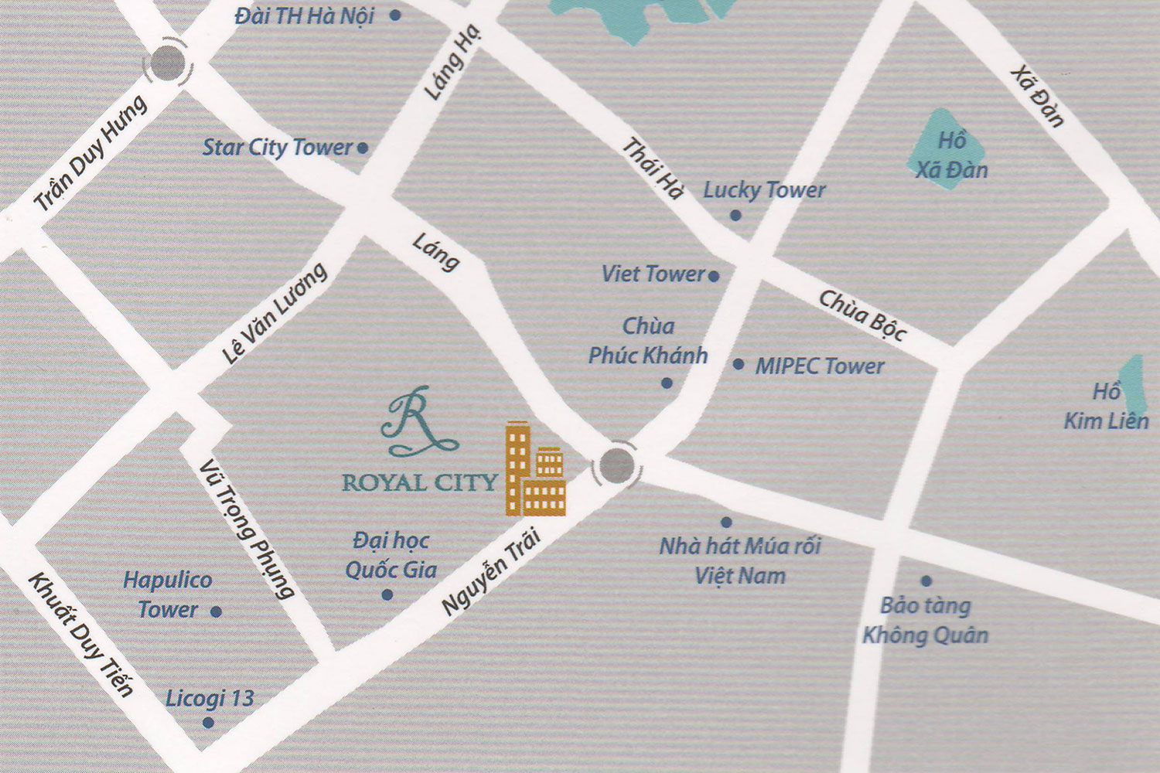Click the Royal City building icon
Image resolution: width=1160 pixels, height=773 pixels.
(535, 470)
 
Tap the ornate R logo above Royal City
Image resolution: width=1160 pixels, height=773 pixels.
(418, 422)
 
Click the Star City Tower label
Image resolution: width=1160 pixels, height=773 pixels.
(277, 147)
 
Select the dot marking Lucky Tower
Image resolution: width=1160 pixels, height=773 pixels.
(735, 216)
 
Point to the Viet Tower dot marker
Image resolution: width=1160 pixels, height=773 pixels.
(714, 276)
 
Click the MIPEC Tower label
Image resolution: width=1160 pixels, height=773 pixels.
(820, 366)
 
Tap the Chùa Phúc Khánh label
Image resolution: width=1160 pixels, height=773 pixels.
(648, 341)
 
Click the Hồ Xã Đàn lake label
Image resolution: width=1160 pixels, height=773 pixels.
(951, 155)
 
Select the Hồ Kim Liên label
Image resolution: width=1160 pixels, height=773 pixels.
(1106, 407)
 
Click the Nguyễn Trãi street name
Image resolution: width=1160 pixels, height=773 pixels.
(490, 573)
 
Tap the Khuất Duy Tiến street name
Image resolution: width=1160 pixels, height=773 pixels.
(80, 634)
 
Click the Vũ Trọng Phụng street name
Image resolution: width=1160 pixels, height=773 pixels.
(246, 529)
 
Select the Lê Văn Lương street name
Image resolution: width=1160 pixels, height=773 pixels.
(275, 313)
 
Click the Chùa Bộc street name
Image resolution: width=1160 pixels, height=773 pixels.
(862, 315)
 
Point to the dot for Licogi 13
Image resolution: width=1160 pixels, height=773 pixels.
(208, 723)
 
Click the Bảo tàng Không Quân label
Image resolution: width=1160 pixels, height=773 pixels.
(926, 621)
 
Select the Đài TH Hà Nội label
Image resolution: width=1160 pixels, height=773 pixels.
(305, 15)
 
